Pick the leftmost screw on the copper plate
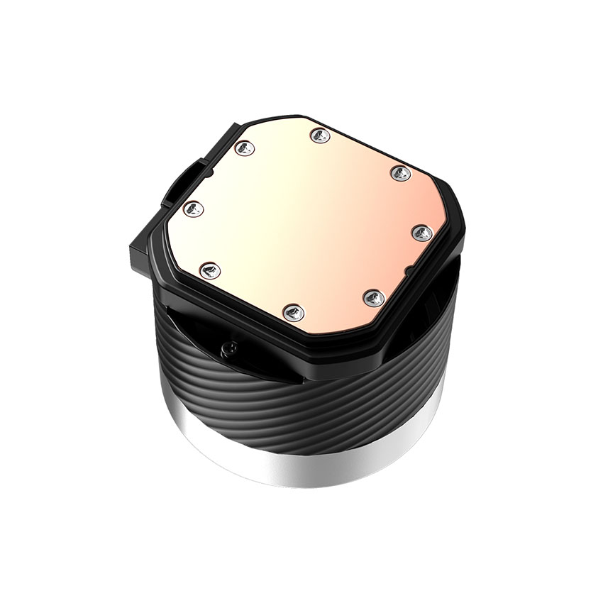point(193,209)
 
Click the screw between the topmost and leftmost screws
point(243,148)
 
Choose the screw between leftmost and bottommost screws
point(211,269)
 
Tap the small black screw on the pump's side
point(228,347)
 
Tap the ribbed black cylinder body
point(298,397)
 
